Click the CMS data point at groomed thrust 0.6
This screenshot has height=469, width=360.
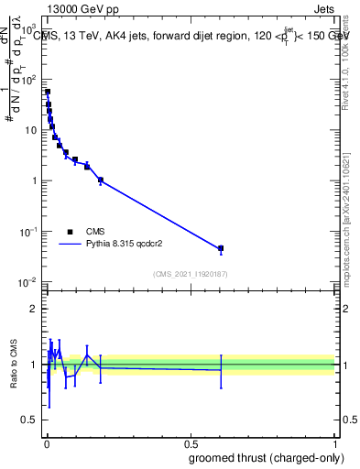221,248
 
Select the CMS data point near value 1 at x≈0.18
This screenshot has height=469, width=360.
100,180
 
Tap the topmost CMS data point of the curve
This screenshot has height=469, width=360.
48,92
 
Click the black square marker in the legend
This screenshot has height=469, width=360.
70,232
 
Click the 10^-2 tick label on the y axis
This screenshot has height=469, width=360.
29,281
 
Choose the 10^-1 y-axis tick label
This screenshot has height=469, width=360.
29,231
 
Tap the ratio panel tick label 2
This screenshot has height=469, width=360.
35,309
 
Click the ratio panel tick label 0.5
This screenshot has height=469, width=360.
31,421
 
